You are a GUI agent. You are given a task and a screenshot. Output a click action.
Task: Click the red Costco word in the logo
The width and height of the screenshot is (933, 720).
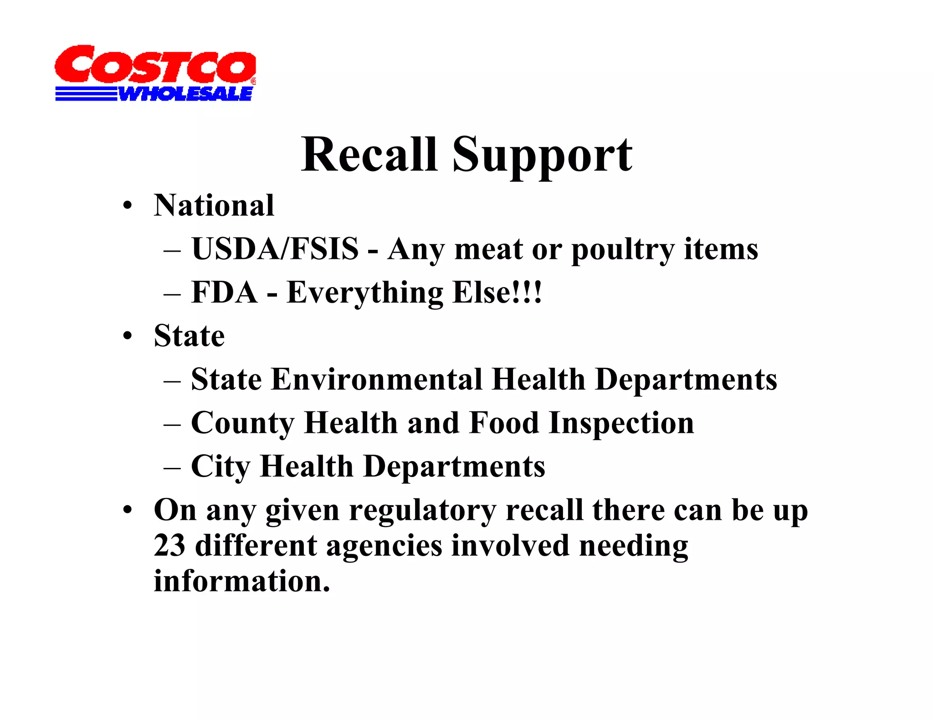[x=155, y=65]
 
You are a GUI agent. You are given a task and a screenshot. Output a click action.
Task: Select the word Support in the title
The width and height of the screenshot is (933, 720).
[x=542, y=157]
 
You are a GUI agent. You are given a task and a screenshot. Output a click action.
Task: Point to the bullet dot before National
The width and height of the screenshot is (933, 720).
[x=128, y=206]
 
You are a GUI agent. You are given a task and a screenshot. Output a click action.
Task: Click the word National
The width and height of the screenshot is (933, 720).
[x=214, y=206]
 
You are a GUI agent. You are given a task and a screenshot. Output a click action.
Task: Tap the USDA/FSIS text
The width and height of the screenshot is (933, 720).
[x=275, y=249]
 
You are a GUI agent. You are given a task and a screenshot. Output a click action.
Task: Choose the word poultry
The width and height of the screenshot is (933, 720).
[x=622, y=250]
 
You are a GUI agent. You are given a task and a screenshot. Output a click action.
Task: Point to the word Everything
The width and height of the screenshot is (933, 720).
[x=364, y=294]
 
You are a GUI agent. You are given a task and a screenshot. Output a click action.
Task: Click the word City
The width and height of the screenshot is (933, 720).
[x=220, y=467]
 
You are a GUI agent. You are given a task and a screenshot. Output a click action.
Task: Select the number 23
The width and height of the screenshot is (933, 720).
[x=169, y=546]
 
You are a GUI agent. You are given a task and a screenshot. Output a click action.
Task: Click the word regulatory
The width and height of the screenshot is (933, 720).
[x=423, y=511]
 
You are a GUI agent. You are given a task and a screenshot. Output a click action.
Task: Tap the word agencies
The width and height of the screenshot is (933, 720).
[x=384, y=547]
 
